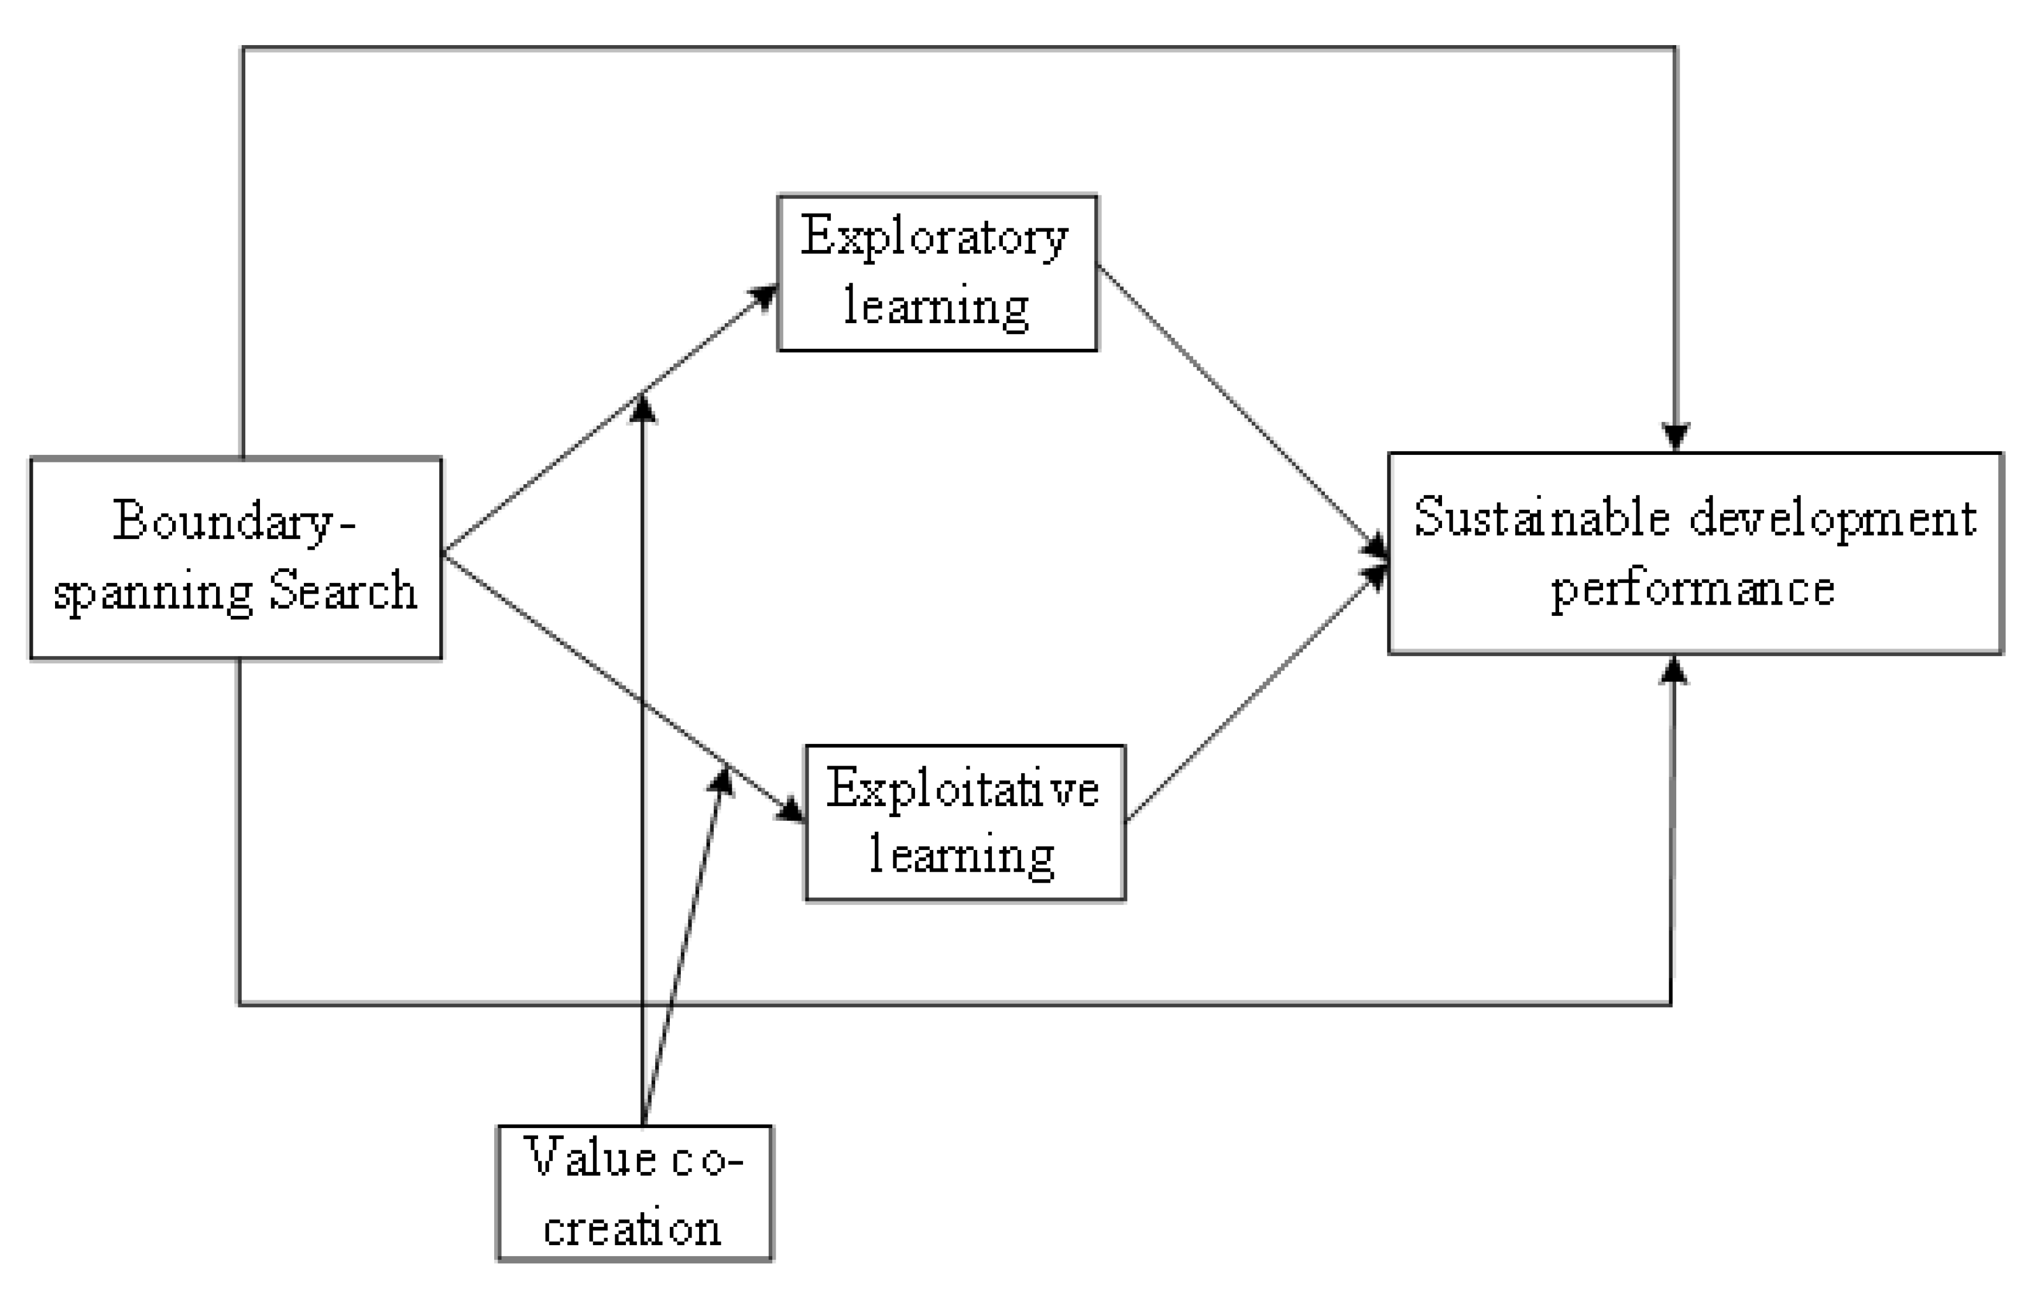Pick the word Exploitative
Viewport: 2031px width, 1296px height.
coord(963,789)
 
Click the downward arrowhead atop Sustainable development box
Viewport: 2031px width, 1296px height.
coord(1675,437)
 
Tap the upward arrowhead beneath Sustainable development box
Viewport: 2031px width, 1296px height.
coord(1673,672)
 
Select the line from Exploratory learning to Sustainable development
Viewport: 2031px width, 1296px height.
coord(1240,404)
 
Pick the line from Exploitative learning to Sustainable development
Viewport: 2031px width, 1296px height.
coord(1257,691)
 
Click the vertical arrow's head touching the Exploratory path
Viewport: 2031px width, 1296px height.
coord(643,408)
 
